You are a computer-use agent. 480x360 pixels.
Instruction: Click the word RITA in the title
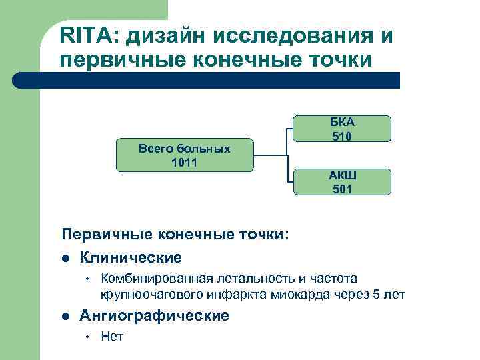tap(84, 33)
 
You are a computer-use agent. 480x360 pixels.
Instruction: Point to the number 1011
tap(184, 163)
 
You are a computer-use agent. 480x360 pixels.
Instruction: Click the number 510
tap(342, 137)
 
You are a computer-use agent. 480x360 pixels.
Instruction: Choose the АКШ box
tap(342, 182)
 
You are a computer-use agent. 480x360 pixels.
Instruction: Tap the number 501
tap(342, 189)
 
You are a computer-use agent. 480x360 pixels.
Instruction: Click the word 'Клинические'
tap(131, 257)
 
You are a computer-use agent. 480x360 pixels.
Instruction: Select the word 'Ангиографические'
tap(155, 315)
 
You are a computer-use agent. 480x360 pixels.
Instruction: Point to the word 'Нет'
tap(112, 337)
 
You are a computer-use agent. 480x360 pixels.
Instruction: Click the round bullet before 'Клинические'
tap(65, 258)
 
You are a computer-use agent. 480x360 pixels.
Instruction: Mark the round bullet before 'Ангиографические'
tap(65, 316)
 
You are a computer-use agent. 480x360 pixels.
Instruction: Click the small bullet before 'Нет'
tap(86, 337)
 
